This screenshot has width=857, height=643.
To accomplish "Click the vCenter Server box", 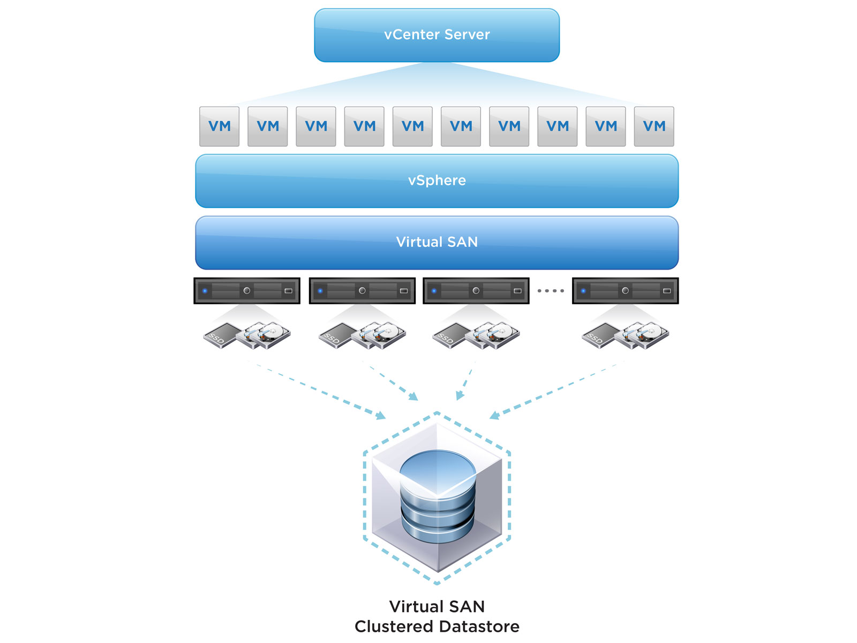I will (x=437, y=35).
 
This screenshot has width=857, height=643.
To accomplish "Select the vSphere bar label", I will (x=437, y=181).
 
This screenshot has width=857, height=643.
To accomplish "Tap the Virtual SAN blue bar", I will (x=437, y=242).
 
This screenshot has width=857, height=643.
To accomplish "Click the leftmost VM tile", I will (x=219, y=126).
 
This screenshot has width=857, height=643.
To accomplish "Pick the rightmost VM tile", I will (x=653, y=126).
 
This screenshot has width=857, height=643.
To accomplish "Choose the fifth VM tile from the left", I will (x=412, y=126).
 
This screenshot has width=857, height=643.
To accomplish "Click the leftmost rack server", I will (x=246, y=291).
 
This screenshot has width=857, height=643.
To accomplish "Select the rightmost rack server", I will (x=625, y=291).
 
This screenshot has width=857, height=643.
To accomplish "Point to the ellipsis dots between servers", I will (x=551, y=291).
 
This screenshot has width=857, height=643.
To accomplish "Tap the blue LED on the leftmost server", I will (x=205, y=291).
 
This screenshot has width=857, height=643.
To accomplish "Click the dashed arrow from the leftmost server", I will (x=321, y=392).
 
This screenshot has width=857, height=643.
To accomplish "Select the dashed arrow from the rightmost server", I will (x=552, y=391).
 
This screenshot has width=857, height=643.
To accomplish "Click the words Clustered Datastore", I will (x=437, y=626).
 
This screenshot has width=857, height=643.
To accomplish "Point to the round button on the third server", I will (x=476, y=291).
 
